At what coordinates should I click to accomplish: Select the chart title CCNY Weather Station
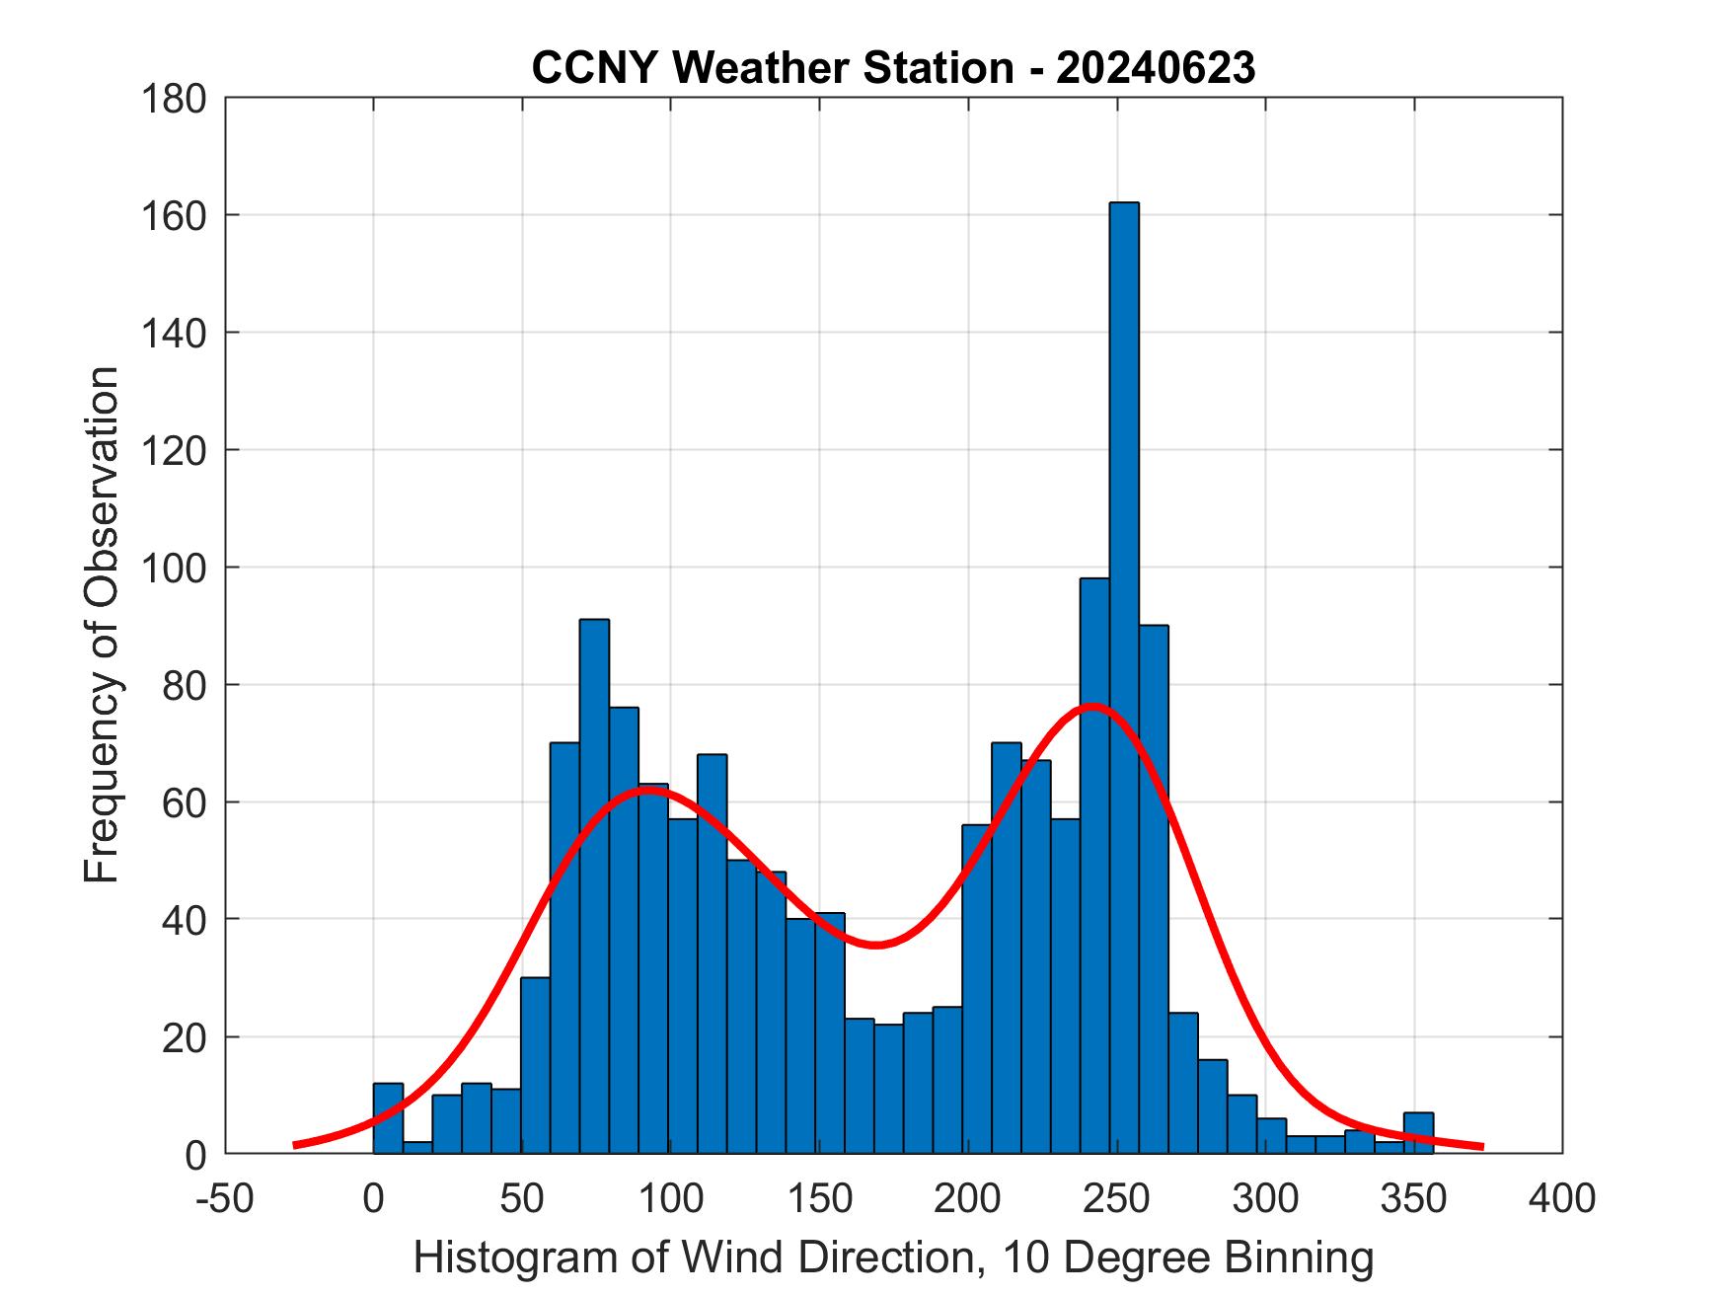pyautogui.click(x=771, y=67)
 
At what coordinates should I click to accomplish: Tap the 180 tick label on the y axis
pyautogui.click(x=174, y=99)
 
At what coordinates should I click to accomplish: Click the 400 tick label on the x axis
pyautogui.click(x=1562, y=1198)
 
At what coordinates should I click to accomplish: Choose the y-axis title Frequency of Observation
pyautogui.click(x=102, y=625)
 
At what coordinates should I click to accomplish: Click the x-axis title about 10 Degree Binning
pyautogui.click(x=893, y=1258)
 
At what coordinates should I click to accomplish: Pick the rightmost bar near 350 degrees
pyautogui.click(x=1418, y=1133)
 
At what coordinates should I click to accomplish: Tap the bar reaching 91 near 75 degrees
pyautogui.click(x=594, y=888)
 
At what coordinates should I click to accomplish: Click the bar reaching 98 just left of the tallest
pyautogui.click(x=1094, y=869)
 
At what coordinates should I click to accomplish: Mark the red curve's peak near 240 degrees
pyautogui.click(x=1092, y=707)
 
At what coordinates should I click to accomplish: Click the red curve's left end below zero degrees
pyautogui.click(x=296, y=1145)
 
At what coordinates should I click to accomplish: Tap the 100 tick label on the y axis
pyautogui.click(x=174, y=568)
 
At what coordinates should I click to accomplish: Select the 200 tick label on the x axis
pyautogui.click(x=968, y=1198)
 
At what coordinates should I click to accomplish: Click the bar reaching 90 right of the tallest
pyautogui.click(x=1154, y=888)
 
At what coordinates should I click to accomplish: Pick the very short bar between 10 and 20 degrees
pyautogui.click(x=417, y=1148)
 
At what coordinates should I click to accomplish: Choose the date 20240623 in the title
pyautogui.click(x=1156, y=67)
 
